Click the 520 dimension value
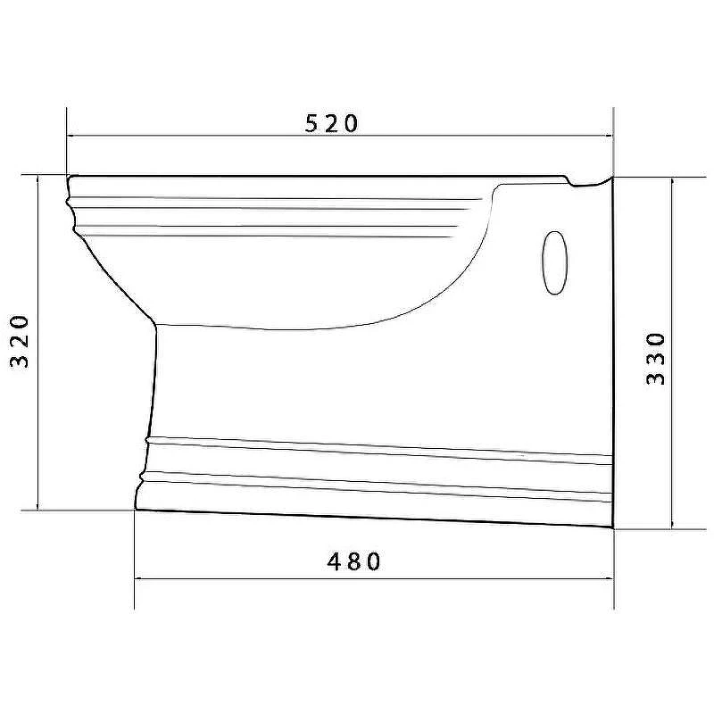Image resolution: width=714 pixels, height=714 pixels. (x=331, y=123)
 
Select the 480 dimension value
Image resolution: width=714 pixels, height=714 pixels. (x=353, y=561)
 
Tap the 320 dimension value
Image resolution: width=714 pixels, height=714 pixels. (x=20, y=341)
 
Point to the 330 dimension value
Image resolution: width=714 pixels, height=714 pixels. (x=656, y=359)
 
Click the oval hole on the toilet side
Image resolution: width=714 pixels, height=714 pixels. (x=555, y=262)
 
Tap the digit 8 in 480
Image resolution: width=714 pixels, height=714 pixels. (x=353, y=561)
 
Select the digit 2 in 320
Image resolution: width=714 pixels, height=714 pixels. (x=20, y=341)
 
